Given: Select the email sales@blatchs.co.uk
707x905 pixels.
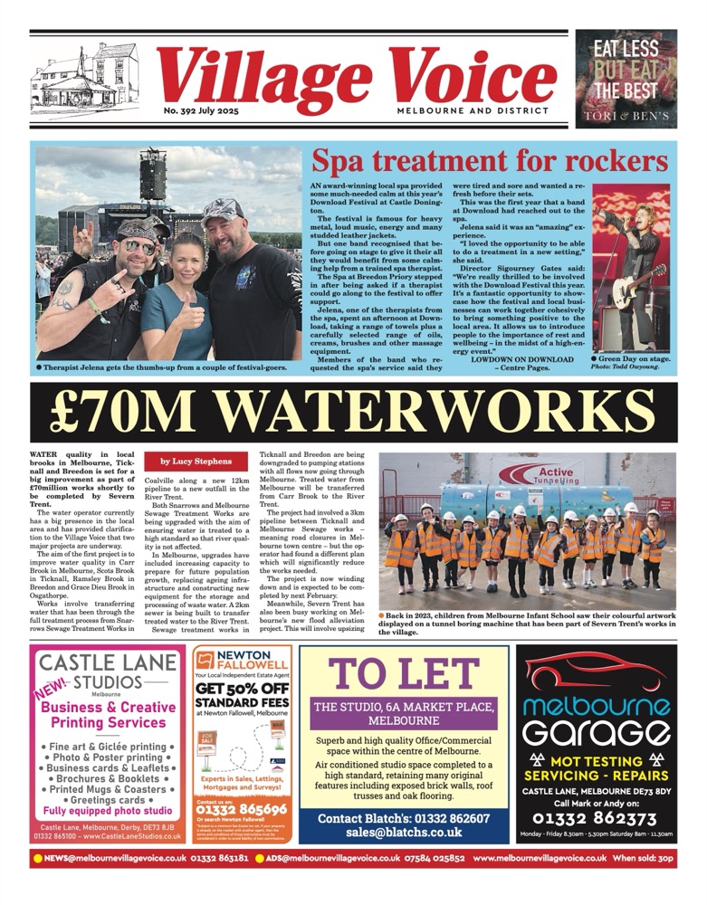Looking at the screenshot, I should [x=404, y=832].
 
